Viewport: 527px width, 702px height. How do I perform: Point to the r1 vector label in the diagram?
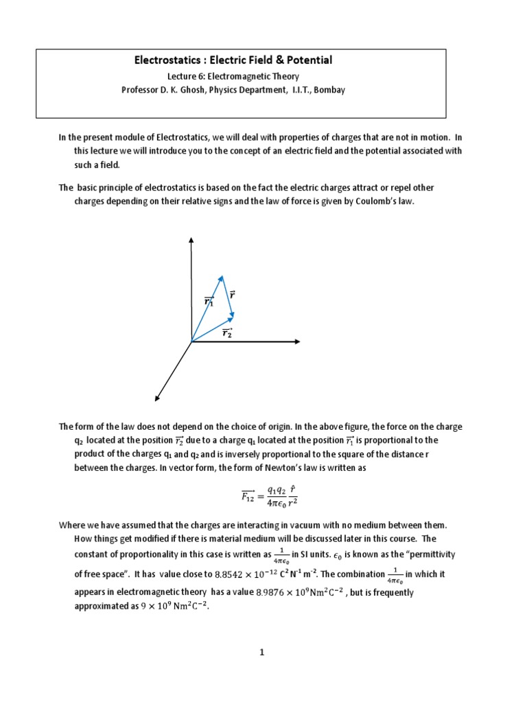click(x=209, y=301)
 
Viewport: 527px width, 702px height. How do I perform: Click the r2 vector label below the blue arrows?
click(x=227, y=333)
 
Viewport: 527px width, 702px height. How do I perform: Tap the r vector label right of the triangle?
click(x=233, y=295)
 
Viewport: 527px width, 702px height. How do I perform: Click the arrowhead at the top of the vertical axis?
click(x=191, y=240)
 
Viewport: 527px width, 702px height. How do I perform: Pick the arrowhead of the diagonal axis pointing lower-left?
click(x=158, y=398)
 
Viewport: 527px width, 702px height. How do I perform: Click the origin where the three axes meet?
click(x=191, y=341)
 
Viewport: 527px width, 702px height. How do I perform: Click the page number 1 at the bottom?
click(x=261, y=653)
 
